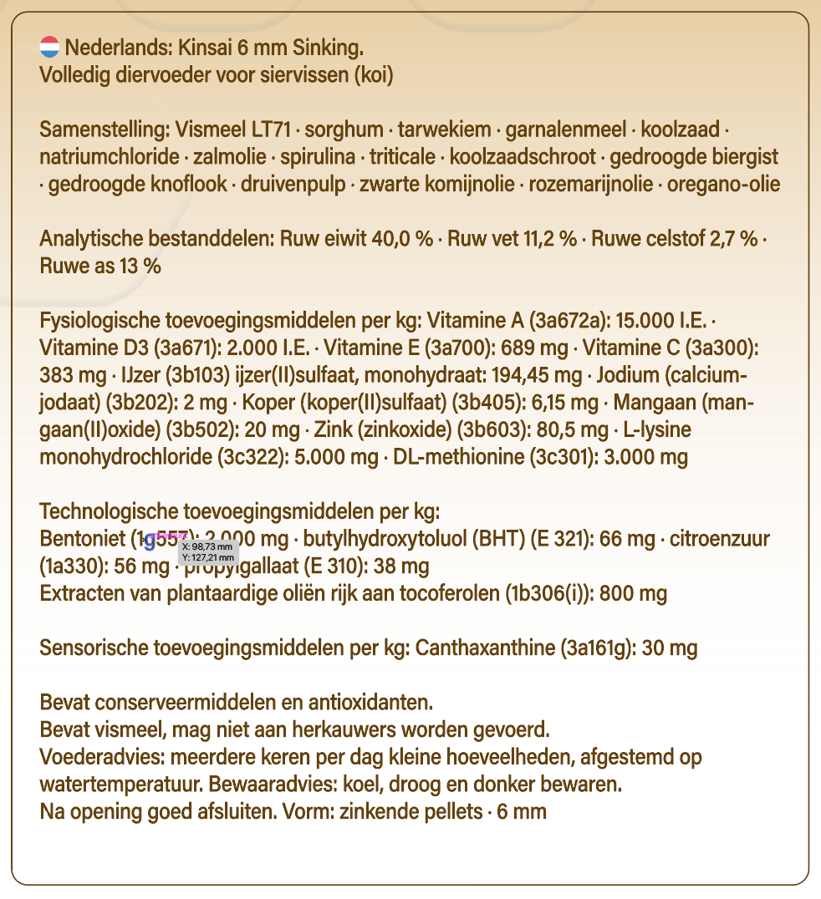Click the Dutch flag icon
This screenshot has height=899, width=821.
click(x=49, y=47)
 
